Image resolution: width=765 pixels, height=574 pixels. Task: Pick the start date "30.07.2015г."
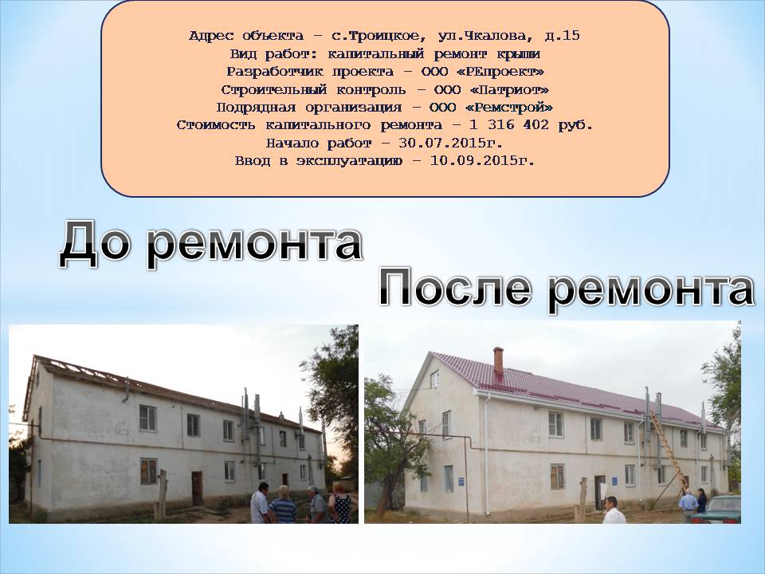450,143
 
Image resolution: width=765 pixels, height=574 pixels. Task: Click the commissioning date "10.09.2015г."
481,161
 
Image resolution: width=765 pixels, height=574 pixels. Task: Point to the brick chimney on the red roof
498,360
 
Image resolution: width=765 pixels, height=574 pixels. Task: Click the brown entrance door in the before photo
197,488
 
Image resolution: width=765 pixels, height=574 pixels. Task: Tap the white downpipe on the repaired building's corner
488,454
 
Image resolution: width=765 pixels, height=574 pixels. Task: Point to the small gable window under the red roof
433,379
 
